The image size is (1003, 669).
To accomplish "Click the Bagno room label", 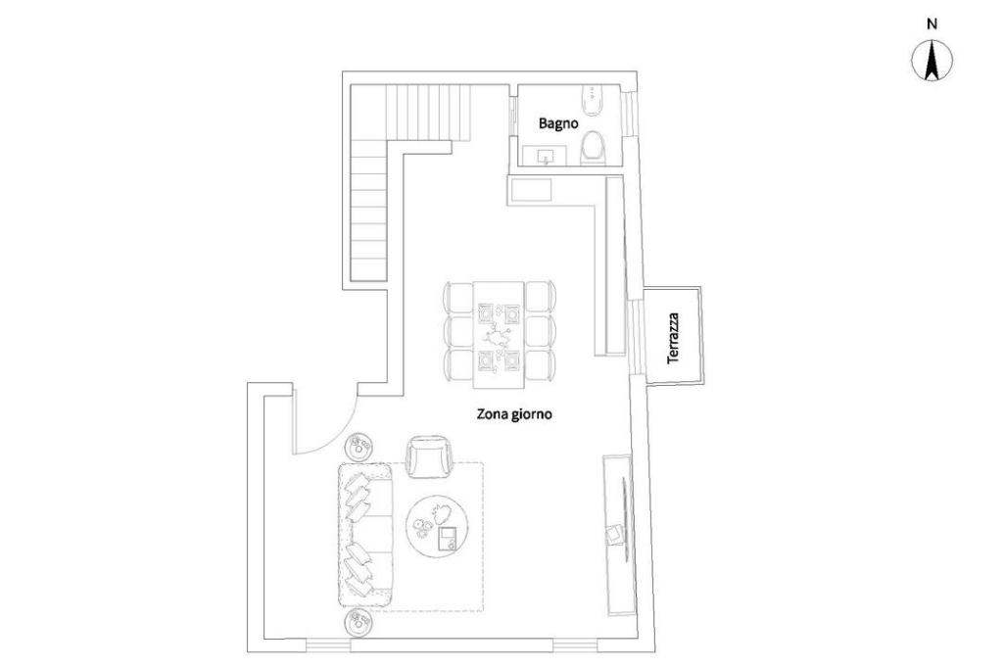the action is pos(557,123).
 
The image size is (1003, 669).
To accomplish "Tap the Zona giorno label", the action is pos(514,413).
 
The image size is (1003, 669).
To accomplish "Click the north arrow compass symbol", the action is pos(931,62).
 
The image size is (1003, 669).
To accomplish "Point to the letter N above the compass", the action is pos(931,23).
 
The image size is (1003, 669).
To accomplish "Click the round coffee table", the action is pos(438,524).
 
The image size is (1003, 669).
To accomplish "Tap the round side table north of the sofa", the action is pos(358,448).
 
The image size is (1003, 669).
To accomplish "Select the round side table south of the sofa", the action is pos(358,623).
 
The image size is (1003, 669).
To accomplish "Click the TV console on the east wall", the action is pos(618,534).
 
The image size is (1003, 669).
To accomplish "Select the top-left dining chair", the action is pos(458,297).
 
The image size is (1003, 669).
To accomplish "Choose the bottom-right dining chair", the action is pos(541,365).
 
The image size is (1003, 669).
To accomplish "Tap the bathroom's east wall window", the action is pos(632,113).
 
